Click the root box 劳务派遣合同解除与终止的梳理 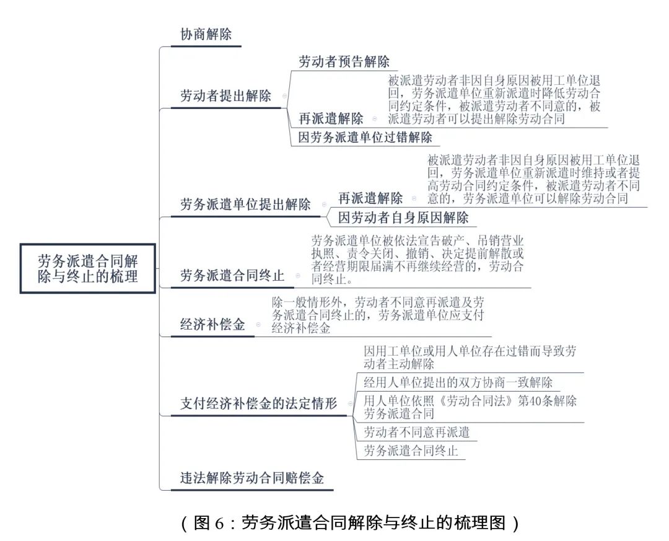click(x=87, y=268)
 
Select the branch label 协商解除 click(x=206, y=34)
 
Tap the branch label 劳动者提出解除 click(x=225, y=95)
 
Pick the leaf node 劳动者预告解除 click(x=344, y=61)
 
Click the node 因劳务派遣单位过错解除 click(x=365, y=138)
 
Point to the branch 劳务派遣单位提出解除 click(x=245, y=205)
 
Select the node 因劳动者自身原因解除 click(x=403, y=218)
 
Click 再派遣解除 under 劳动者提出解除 click(x=331, y=118)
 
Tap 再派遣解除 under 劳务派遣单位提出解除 click(x=370, y=198)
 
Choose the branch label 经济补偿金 click(x=212, y=325)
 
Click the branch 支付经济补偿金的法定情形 click(x=258, y=403)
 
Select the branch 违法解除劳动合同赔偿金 click(x=251, y=478)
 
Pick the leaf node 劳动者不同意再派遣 click(x=416, y=432)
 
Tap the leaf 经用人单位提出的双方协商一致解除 click(x=458, y=382)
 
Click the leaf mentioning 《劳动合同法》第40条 click(x=470, y=407)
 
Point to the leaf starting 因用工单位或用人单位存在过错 click(x=470, y=358)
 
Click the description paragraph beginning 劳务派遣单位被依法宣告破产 click(x=418, y=260)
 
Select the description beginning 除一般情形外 click(x=378, y=315)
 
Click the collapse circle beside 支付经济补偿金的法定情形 click(x=350, y=404)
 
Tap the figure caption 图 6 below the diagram click(x=350, y=522)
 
